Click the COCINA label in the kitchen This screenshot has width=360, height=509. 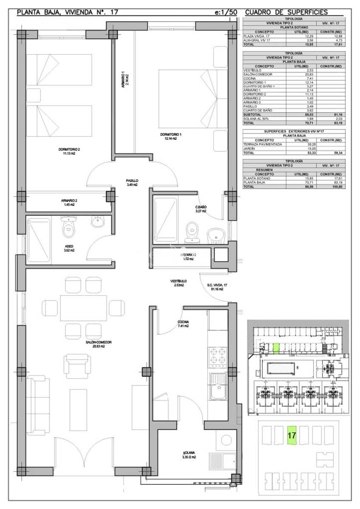pyautogui.click(x=183, y=324)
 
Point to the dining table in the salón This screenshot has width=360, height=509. pyautogui.click(x=83, y=308)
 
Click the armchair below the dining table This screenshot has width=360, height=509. pyautogui.click(x=77, y=366)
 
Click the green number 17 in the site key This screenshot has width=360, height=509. pyautogui.click(x=292, y=435)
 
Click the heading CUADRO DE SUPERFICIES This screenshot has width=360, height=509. pyautogui.click(x=287, y=12)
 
